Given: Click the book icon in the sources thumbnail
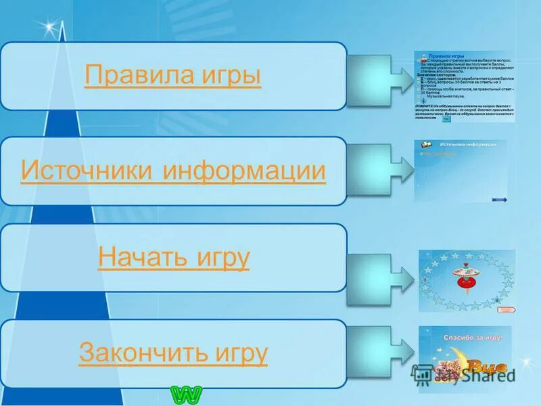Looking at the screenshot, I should click(x=427, y=145).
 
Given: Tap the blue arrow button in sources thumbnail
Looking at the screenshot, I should click(x=500, y=199).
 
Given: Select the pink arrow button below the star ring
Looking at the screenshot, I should click(x=505, y=309).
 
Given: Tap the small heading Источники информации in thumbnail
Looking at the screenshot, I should click(x=468, y=145).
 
